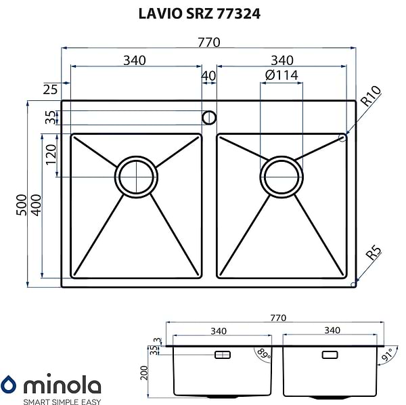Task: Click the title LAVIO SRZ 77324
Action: [199, 14]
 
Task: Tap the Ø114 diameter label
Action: [281, 75]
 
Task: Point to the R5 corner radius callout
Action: [374, 253]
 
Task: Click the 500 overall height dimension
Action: [22, 205]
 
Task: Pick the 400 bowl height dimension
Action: [36, 205]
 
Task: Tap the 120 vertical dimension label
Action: [51, 154]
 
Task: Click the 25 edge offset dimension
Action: [50, 89]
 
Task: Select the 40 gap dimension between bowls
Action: [208, 76]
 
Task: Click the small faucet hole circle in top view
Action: [209, 118]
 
